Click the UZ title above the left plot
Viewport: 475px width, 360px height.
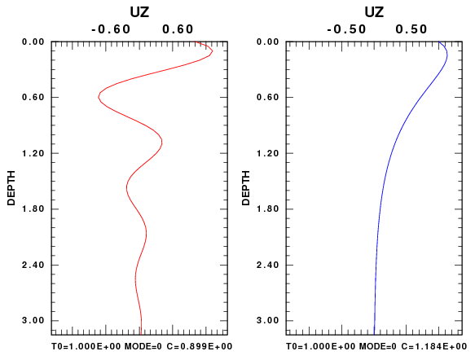(x=139, y=12)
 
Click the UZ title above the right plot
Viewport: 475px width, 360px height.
(x=374, y=12)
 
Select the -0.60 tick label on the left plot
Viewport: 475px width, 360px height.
(x=111, y=29)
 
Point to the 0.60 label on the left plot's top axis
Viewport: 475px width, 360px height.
(x=178, y=29)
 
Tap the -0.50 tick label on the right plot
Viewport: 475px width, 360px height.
(x=346, y=29)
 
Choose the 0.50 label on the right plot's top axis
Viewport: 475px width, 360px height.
(x=411, y=29)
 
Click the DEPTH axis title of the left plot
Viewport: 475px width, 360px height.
(x=11, y=188)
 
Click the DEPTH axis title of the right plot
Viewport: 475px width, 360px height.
(x=246, y=188)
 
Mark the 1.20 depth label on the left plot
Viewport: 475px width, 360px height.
(x=33, y=153)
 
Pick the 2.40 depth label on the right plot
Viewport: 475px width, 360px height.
(x=268, y=265)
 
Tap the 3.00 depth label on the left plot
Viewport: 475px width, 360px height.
(x=33, y=320)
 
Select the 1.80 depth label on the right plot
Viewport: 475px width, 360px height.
(x=268, y=209)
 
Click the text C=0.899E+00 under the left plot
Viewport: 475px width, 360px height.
(x=200, y=346)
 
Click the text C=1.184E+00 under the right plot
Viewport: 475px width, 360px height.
(x=434, y=346)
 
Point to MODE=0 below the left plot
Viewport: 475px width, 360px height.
(x=143, y=346)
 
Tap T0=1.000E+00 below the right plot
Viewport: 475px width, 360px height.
(x=321, y=346)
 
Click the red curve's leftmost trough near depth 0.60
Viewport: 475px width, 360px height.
(x=99, y=97)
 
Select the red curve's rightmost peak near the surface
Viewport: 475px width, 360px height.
(x=213, y=51)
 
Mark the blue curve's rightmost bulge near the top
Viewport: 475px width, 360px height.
(x=447, y=55)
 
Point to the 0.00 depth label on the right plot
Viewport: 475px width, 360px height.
(x=268, y=42)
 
